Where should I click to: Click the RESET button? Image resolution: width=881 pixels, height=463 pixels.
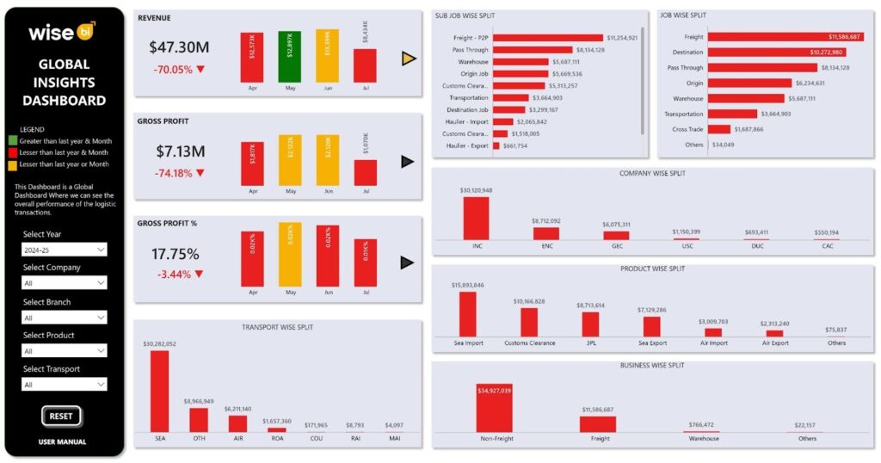coord(61,416)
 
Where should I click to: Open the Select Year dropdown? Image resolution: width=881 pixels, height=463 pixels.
coord(65,250)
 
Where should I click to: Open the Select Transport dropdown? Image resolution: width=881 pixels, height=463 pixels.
coord(65,385)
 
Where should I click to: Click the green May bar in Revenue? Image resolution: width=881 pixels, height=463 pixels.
coord(289,57)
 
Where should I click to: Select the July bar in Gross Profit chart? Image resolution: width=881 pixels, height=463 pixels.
coord(365,172)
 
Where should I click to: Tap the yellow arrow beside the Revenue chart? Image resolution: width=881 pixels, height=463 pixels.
coord(409,59)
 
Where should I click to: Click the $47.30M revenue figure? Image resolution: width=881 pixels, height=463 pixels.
coord(179,48)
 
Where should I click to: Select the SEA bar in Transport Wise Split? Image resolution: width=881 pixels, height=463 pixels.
coord(160,391)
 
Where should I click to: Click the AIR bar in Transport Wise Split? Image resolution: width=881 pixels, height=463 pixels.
coord(237,423)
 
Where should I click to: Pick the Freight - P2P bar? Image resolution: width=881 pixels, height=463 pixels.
coord(546,38)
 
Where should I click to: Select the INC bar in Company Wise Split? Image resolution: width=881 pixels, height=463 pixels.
coord(476,219)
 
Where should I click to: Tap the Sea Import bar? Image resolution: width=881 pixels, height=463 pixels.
coord(467,314)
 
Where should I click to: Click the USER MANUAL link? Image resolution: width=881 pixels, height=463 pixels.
coord(62,442)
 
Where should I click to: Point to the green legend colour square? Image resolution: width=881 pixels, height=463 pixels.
coord(13,140)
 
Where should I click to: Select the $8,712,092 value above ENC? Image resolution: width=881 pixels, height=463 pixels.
coord(545,221)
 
